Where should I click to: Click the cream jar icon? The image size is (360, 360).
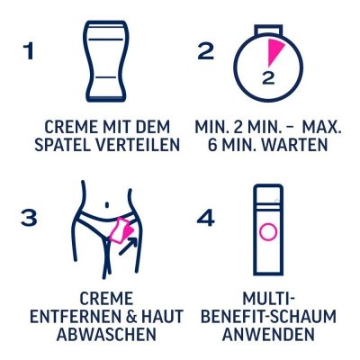point(98,61)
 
